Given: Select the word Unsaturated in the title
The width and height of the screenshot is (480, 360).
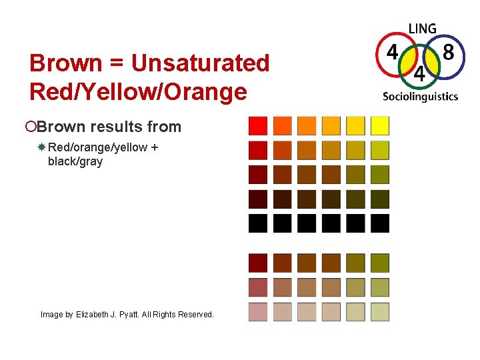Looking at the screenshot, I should [x=200, y=64].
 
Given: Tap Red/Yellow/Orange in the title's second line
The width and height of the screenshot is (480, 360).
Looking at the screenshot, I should [x=138, y=92].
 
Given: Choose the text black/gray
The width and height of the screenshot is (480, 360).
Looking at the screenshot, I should [x=75, y=161].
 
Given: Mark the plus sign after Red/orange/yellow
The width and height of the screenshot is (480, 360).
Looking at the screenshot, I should [x=154, y=147].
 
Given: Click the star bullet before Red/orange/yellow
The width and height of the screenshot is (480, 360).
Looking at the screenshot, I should [x=41, y=147].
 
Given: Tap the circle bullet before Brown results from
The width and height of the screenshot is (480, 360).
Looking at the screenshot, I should [x=33, y=127].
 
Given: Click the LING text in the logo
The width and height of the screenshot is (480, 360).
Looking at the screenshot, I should [x=422, y=29].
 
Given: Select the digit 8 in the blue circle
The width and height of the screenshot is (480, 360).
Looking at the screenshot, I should [x=449, y=53].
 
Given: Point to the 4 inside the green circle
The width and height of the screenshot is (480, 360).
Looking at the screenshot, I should [x=419, y=73].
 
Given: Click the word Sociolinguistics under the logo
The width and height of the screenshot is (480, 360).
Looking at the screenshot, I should [x=420, y=96].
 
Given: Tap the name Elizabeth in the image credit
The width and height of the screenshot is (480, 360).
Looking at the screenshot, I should [x=93, y=314].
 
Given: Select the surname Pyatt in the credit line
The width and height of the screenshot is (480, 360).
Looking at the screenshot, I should [x=133, y=314].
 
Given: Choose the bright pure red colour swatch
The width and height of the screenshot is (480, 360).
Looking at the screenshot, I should [x=258, y=125].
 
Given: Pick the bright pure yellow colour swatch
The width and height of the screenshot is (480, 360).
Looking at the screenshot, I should [x=380, y=125].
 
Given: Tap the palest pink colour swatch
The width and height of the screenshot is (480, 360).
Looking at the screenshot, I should [x=258, y=312].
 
